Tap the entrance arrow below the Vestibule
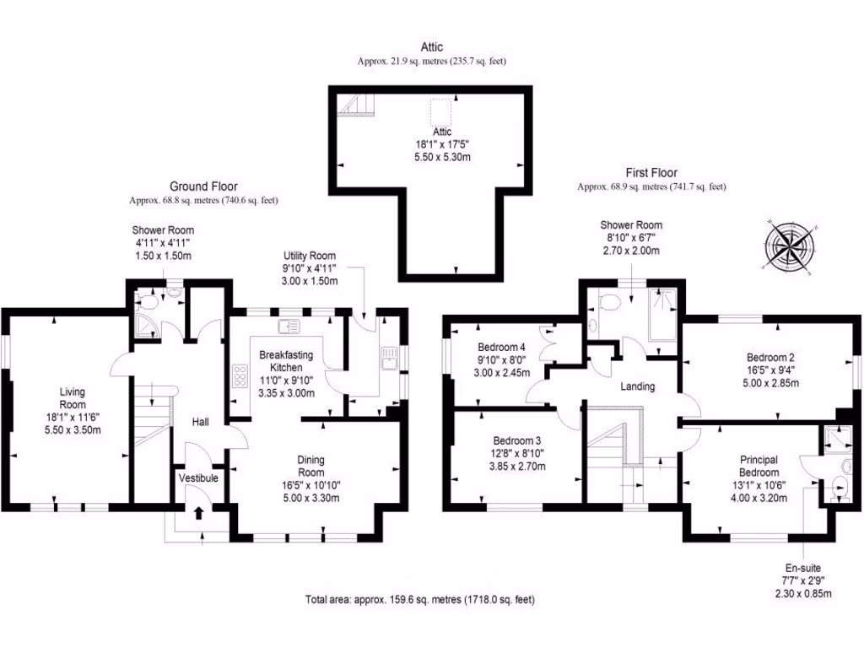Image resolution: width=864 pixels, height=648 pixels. click(x=198, y=512)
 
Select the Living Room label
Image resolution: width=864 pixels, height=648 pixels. click(x=73, y=411)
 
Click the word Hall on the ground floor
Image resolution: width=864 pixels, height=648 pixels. click(x=200, y=422)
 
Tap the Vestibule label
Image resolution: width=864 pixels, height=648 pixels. click(x=198, y=478)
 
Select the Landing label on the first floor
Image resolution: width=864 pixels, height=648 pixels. click(x=637, y=386)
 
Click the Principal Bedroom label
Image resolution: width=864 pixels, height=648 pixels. click(x=759, y=478)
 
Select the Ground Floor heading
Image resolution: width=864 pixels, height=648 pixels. click(x=203, y=186)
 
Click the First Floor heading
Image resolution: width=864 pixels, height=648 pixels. click(x=651, y=172)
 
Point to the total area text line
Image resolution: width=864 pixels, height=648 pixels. click(x=420, y=600)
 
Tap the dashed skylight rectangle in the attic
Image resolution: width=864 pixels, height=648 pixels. click(x=440, y=111)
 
